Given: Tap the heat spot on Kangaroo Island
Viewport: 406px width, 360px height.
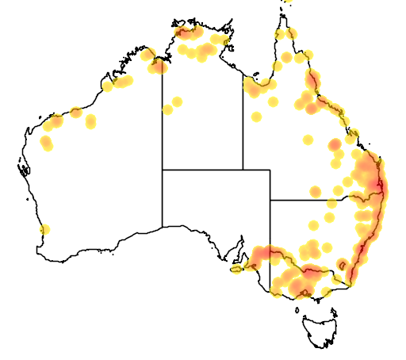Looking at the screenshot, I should pyautogui.click(x=236, y=270).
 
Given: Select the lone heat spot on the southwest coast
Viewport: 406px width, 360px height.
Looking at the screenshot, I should pyautogui.click(x=44, y=230).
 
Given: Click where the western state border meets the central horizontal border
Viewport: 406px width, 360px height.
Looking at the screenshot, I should pyautogui.click(x=163, y=170).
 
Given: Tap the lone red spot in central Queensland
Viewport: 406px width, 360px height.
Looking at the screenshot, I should pyautogui.click(x=335, y=144).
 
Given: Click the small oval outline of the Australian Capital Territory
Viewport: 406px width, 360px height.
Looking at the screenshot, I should pyautogui.click(x=342, y=265).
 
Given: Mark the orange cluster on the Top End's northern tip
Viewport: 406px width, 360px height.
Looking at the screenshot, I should pyautogui.click(x=188, y=33).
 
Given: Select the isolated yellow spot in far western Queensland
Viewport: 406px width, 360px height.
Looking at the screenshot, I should pyautogui.click(x=256, y=117).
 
